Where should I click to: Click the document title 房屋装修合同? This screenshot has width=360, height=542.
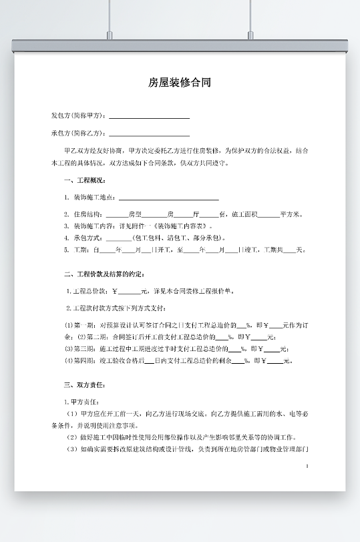pos(180,83)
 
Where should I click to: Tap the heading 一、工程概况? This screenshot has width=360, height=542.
pos(84,181)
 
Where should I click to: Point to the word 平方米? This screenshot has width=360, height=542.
pos(292,214)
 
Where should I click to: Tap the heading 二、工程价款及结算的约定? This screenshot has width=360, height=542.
pos(104,274)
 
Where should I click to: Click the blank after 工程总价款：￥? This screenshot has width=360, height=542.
pos(130,292)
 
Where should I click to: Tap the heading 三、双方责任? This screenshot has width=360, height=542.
pos(84,385)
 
